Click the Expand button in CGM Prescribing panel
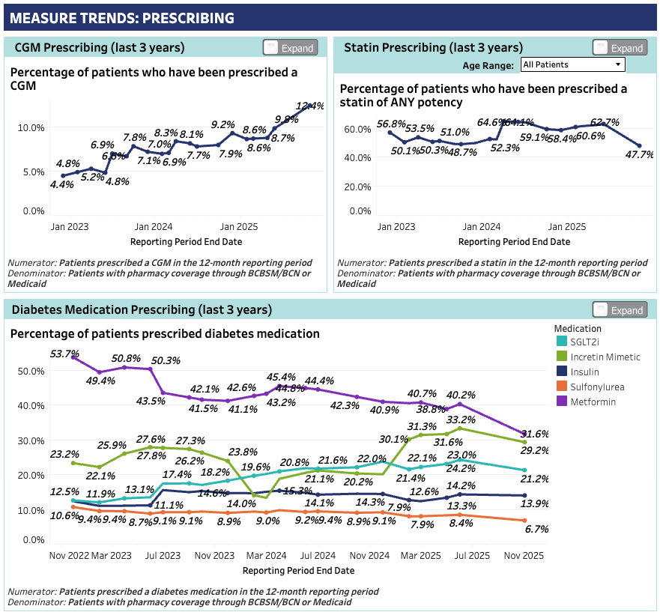tap(291, 48)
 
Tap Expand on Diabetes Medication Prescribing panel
tap(620, 310)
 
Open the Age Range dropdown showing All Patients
tap(572, 64)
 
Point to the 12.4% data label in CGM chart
tap(310, 106)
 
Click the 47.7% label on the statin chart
tap(639, 155)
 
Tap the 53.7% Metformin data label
tap(64, 354)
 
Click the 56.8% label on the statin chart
tap(392, 124)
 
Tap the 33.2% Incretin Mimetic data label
tap(461, 420)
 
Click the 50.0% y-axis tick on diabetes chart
tap(32, 371)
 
